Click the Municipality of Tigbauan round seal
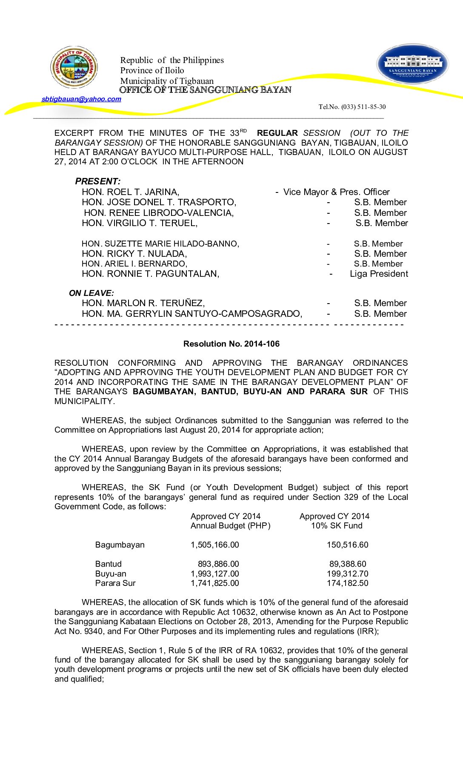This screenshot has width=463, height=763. [x=74, y=67]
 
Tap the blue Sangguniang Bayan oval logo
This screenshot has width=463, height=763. [x=412, y=64]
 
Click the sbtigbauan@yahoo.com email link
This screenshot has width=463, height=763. [x=81, y=99]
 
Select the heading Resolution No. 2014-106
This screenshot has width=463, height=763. [x=231, y=344]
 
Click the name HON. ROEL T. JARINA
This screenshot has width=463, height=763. [x=130, y=192]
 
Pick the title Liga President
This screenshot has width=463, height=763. [x=379, y=274]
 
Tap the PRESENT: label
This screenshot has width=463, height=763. [x=97, y=181]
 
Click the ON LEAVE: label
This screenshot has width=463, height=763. [x=91, y=293]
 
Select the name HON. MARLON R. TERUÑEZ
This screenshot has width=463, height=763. [x=143, y=303]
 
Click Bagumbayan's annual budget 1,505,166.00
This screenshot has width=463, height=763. [x=214, y=545]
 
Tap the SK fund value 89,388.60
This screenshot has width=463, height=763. [x=347, y=564]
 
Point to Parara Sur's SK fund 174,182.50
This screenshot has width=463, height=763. [x=347, y=583]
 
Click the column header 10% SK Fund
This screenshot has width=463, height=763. [x=336, y=526]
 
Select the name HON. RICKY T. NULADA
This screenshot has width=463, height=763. [x=134, y=254]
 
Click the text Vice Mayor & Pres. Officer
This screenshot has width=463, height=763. [x=336, y=192]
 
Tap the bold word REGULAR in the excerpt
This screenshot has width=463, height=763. [x=277, y=133]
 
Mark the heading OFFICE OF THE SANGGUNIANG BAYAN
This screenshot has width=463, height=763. [x=205, y=90]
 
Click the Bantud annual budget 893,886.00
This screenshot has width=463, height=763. [x=218, y=564]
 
